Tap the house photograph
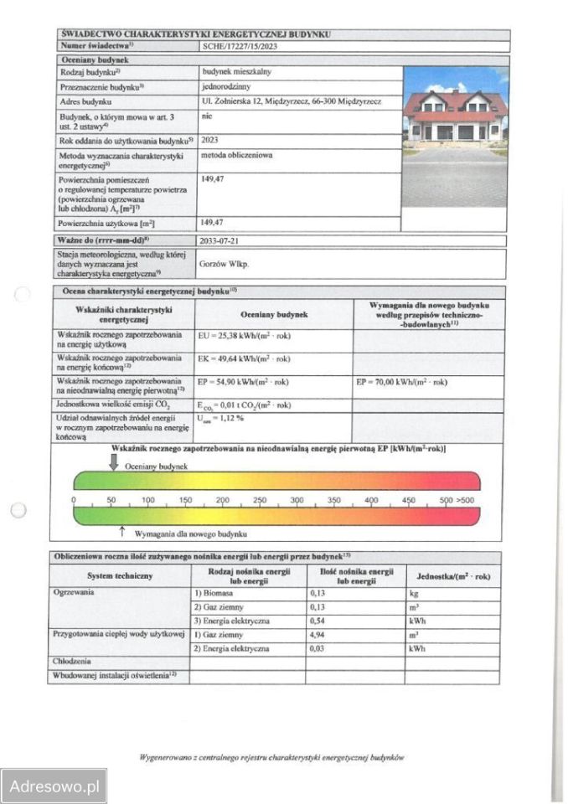pyautogui.click(x=455, y=136)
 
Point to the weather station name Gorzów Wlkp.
pyautogui.click(x=225, y=263)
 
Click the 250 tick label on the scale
pyautogui.click(x=260, y=500)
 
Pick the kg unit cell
pyautogui.click(x=413, y=593)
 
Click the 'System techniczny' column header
pyautogui.click(x=120, y=576)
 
